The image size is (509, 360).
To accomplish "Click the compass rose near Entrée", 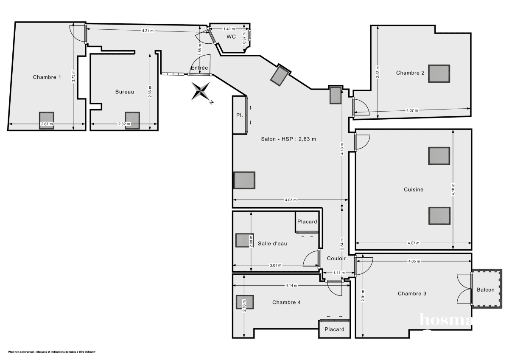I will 201,91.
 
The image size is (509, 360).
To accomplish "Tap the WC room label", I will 231,37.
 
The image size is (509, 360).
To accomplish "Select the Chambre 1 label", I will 47,77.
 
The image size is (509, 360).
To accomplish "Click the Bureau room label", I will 125,92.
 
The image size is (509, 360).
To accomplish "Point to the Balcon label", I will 485,290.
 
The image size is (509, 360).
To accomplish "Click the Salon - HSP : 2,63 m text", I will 288,139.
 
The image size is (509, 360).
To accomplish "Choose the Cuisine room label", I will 413,190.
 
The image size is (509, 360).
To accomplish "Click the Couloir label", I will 336,258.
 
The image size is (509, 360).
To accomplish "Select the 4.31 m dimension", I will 148,31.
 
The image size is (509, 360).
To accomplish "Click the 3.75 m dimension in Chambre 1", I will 73,76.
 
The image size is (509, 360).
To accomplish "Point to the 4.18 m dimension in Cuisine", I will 453,189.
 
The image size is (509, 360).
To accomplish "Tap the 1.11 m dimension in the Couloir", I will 338,273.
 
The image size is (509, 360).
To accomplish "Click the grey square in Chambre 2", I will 439,73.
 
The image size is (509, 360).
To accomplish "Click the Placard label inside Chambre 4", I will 334,329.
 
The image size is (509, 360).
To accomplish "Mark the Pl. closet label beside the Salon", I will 239,115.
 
